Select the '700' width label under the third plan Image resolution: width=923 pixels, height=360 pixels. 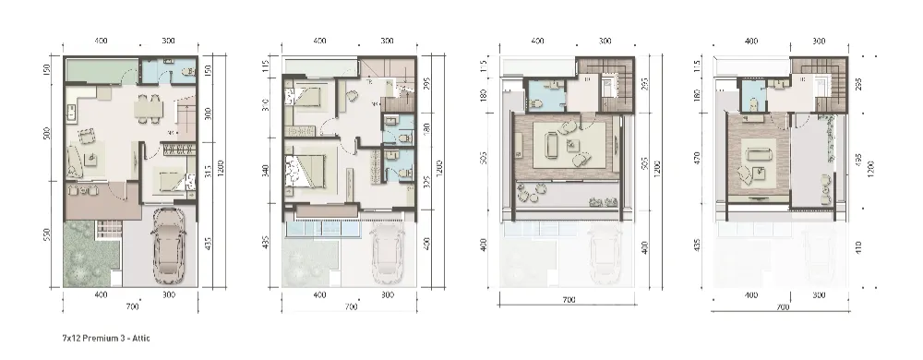pos(569,300)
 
